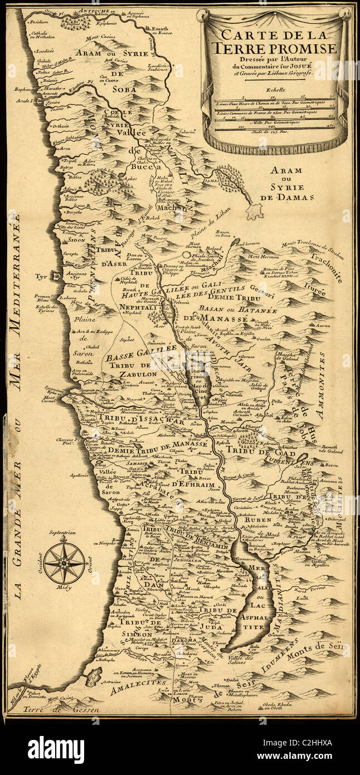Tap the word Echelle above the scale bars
(x=275, y=89)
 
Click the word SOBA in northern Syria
(x=125, y=87)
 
